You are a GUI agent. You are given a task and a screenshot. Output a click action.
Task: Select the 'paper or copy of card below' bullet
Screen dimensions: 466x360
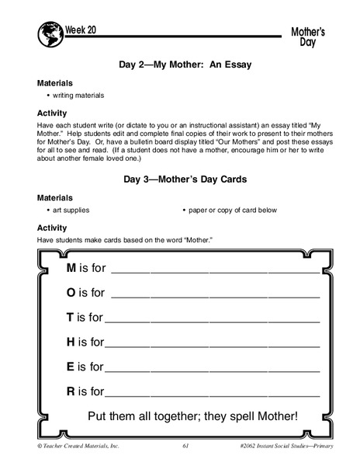(x=231, y=210)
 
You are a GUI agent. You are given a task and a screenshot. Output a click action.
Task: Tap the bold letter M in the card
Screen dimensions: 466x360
(x=71, y=268)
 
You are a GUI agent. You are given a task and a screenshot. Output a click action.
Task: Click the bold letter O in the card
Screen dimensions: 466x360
(x=71, y=293)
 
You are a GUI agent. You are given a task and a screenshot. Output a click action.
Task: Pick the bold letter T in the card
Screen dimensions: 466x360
(x=70, y=317)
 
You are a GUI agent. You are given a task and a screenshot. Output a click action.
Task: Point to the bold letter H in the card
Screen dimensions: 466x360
(x=71, y=341)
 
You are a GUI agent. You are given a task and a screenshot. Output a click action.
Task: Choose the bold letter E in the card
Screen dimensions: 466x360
(x=71, y=366)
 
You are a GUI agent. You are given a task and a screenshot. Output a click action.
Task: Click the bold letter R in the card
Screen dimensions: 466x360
(x=71, y=391)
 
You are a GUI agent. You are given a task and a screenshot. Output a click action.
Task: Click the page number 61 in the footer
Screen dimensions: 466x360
(x=185, y=446)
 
